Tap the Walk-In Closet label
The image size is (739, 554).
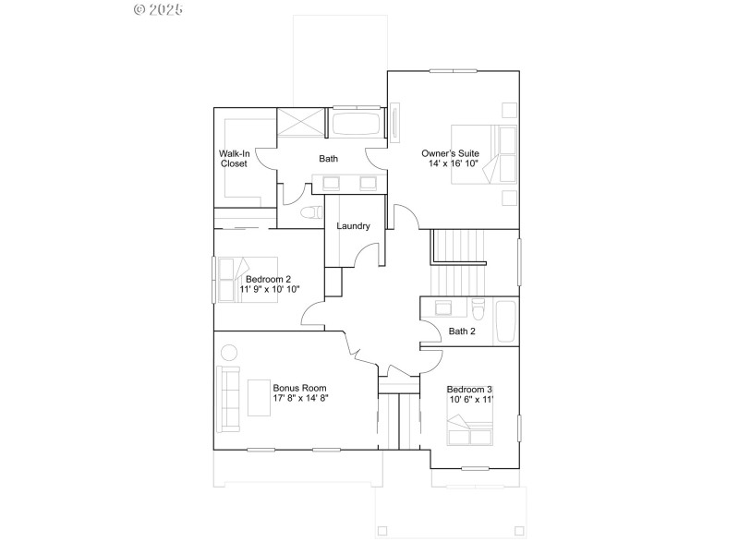(x=234, y=158)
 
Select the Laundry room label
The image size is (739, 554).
(x=353, y=226)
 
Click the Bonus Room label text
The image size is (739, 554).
(x=299, y=388)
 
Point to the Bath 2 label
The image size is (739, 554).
(x=462, y=331)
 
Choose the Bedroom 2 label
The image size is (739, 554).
(x=269, y=279)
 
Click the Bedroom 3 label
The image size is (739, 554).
(x=470, y=390)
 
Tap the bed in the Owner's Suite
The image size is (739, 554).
(x=484, y=154)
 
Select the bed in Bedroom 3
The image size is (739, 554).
(x=470, y=429)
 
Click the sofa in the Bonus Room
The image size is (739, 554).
(x=228, y=400)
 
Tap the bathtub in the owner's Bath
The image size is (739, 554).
(x=356, y=126)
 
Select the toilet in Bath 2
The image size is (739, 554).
(x=477, y=309)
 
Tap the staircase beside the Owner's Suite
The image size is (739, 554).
(x=458, y=259)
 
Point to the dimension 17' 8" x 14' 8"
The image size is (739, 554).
(x=300, y=399)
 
